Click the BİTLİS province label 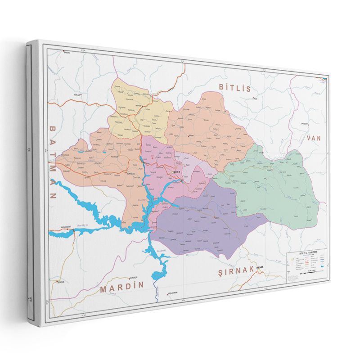(x=234, y=87)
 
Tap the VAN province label (x=314, y=139)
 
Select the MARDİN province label (x=122, y=287)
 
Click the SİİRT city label (x=177, y=171)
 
